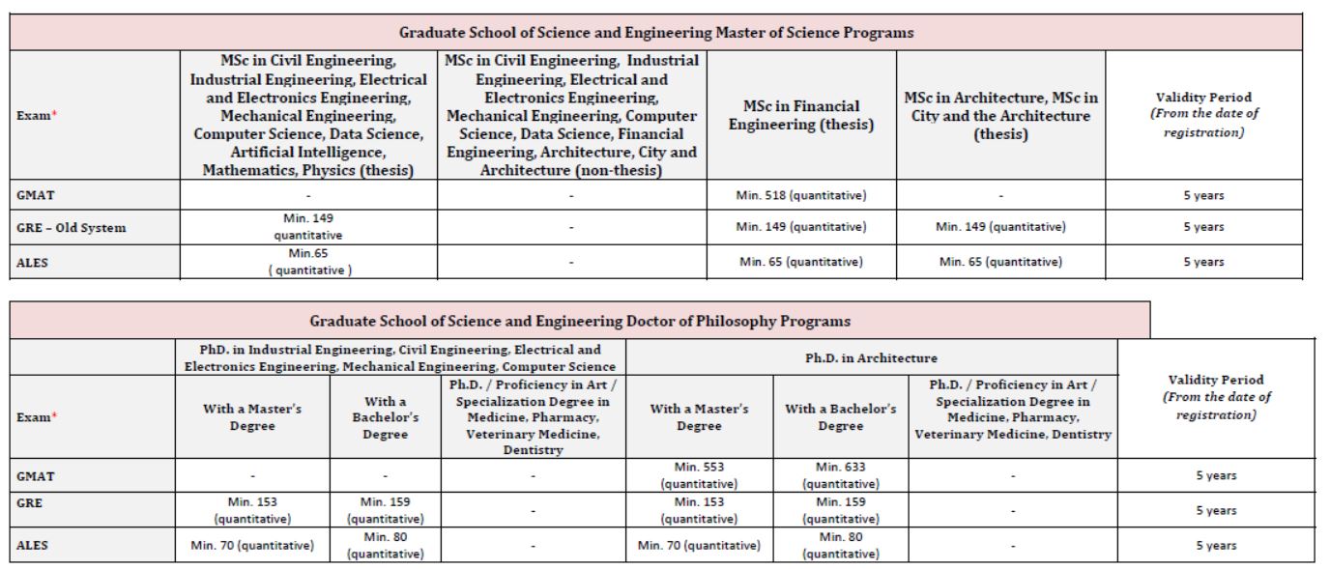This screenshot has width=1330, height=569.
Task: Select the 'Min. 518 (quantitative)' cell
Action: [x=801, y=195]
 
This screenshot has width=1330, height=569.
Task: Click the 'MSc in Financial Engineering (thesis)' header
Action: [x=801, y=116]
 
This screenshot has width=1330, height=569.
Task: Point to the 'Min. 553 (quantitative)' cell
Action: [x=699, y=475]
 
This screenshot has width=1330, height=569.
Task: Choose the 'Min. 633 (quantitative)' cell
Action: [x=840, y=475]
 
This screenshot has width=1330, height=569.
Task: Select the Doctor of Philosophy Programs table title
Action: [x=580, y=320]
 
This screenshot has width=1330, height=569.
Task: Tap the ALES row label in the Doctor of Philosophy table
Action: [x=33, y=546]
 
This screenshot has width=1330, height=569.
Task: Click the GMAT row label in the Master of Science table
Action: [x=34, y=195]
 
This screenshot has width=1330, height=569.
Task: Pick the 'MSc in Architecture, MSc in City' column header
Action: [x=1000, y=116]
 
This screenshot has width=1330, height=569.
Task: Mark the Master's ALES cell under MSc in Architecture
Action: [x=1000, y=262]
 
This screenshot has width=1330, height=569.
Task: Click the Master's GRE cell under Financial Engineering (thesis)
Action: [x=801, y=228]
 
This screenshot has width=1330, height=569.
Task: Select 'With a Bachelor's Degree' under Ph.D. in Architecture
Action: [x=840, y=417]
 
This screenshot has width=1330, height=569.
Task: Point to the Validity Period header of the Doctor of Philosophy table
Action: [x=1216, y=397]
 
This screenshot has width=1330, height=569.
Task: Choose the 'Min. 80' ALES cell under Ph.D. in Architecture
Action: [x=840, y=546]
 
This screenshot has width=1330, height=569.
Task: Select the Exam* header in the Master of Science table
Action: [x=35, y=116]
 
